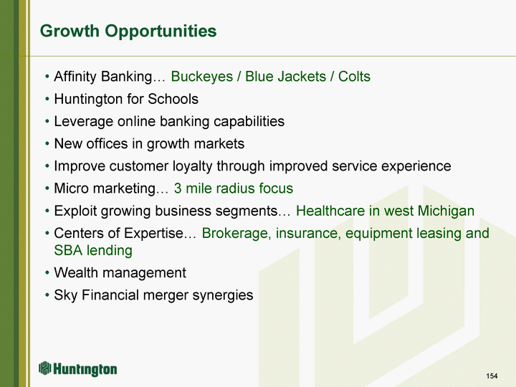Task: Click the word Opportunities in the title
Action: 161,32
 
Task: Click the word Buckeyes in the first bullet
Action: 201,77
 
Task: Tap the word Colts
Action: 354,77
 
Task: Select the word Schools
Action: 173,99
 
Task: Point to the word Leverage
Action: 84,122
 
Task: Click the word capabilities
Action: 249,122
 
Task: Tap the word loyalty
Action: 191,166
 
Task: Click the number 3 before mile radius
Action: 178,188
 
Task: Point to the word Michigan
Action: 446,211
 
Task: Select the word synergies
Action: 223,295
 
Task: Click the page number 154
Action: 492,376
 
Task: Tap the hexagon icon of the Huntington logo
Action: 45,368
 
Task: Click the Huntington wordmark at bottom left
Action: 85,369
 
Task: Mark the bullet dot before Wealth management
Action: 47,273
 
